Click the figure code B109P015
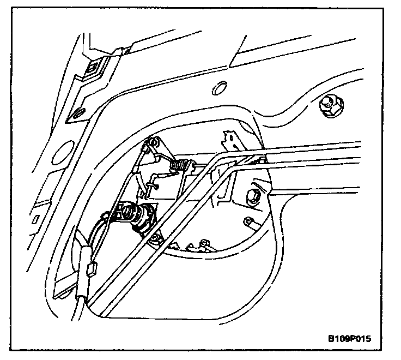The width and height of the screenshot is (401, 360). coord(350,338)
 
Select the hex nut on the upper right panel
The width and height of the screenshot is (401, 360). coord(330,105)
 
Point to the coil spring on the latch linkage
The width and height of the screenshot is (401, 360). coord(182,164)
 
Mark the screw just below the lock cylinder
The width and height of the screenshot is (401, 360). coord(157,238)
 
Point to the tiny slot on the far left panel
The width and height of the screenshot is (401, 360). coord(37,219)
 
